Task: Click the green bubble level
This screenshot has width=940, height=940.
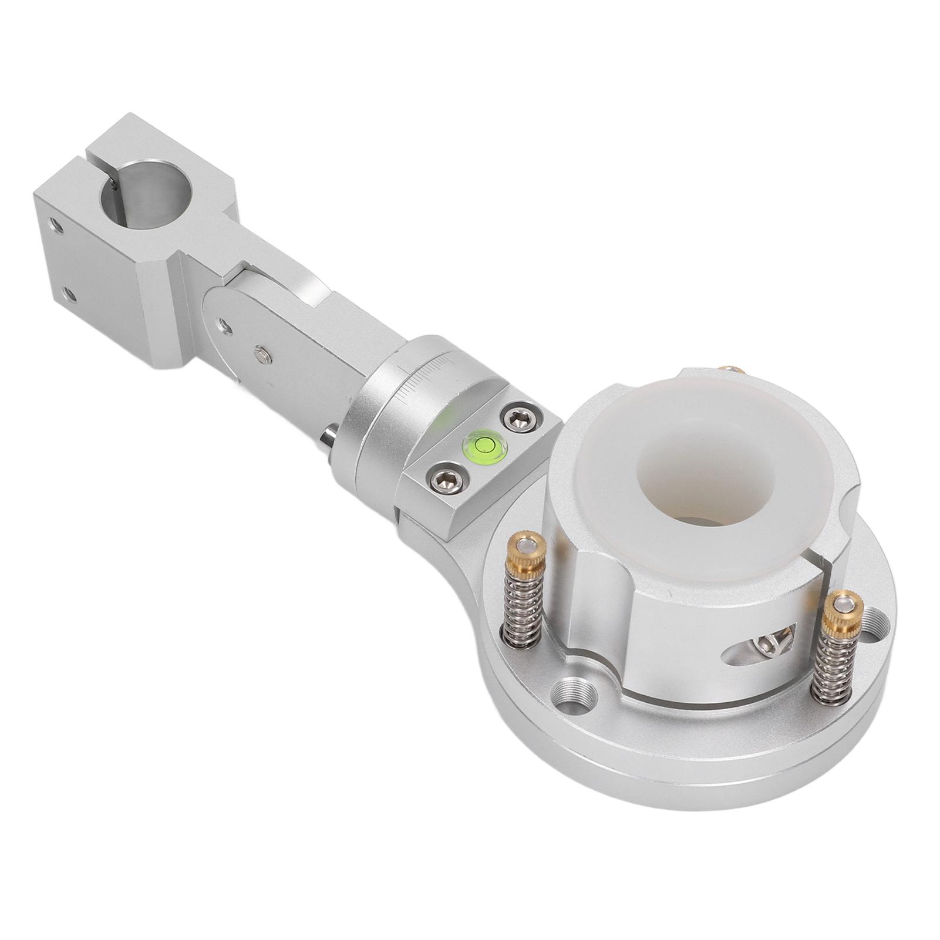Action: point(485,445)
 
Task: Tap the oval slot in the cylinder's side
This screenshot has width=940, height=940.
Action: point(762,646)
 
